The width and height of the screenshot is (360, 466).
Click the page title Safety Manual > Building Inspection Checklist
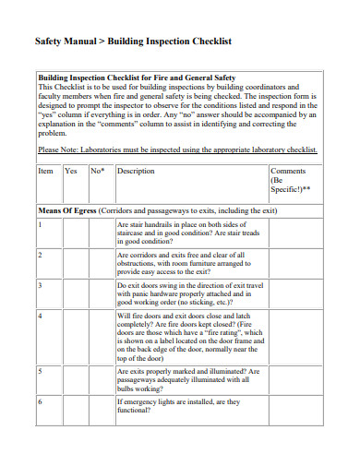(x=133, y=42)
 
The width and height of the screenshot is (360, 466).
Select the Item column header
(x=45, y=172)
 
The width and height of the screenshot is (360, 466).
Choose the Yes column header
(x=71, y=172)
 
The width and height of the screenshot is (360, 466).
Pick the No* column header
(x=97, y=172)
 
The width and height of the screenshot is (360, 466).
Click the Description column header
(x=136, y=172)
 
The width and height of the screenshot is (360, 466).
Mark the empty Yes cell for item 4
(x=74, y=337)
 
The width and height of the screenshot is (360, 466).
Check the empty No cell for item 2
(x=101, y=263)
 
